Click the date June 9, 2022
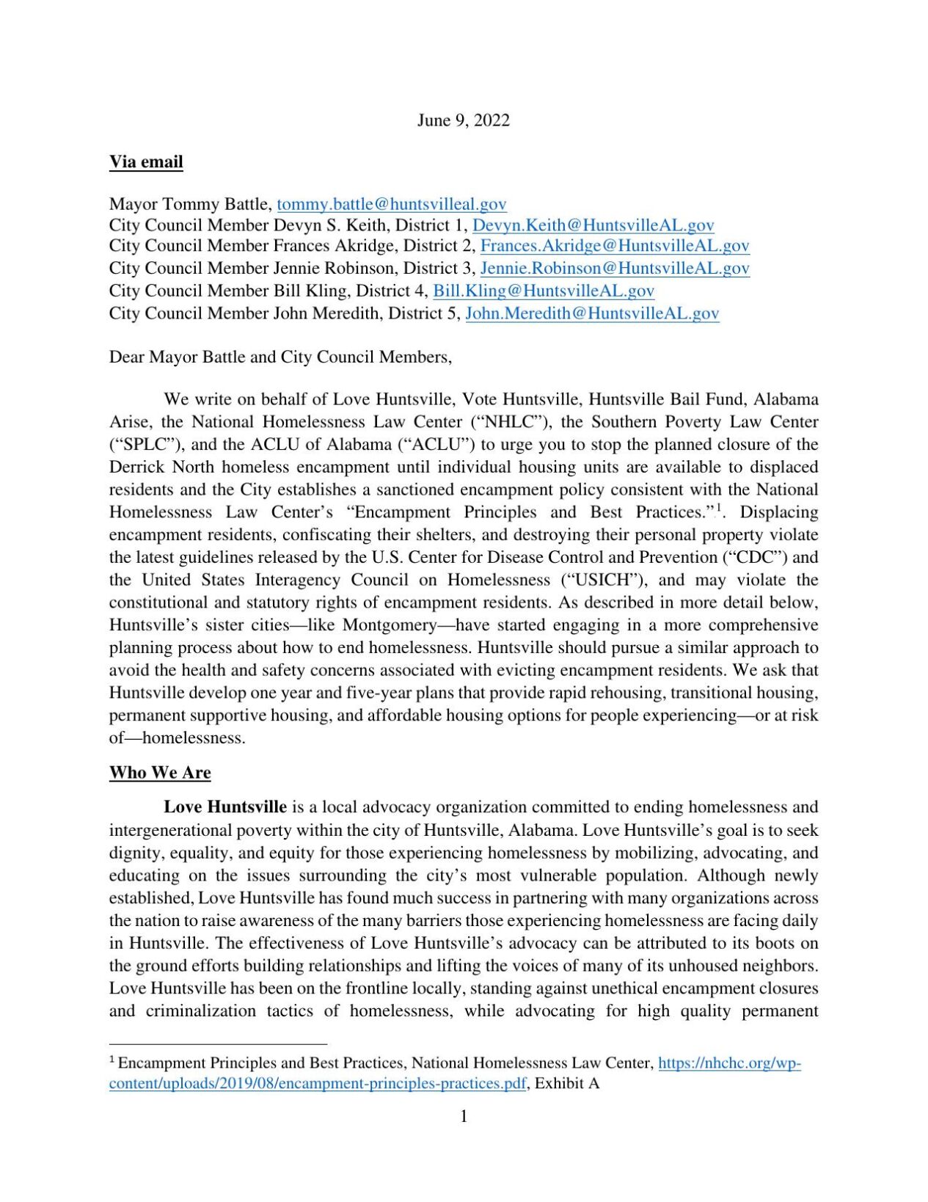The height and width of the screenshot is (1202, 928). point(463,120)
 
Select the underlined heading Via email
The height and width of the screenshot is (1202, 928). point(146,162)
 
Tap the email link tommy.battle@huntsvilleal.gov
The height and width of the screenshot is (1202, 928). point(392,204)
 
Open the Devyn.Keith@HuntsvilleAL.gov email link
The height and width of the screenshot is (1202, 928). point(593,225)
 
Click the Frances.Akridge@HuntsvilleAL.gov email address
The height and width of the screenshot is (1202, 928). point(614,246)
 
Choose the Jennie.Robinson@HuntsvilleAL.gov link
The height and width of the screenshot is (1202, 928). point(614,269)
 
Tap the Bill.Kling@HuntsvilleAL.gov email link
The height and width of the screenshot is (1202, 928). point(543,291)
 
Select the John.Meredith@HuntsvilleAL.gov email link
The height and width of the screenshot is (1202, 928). point(592,313)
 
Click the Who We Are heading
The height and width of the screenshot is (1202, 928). point(160,773)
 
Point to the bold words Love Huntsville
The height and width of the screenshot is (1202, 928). point(225,807)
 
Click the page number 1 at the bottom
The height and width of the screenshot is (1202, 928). point(464,1116)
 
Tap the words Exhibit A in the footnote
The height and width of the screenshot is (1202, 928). point(567,1083)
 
